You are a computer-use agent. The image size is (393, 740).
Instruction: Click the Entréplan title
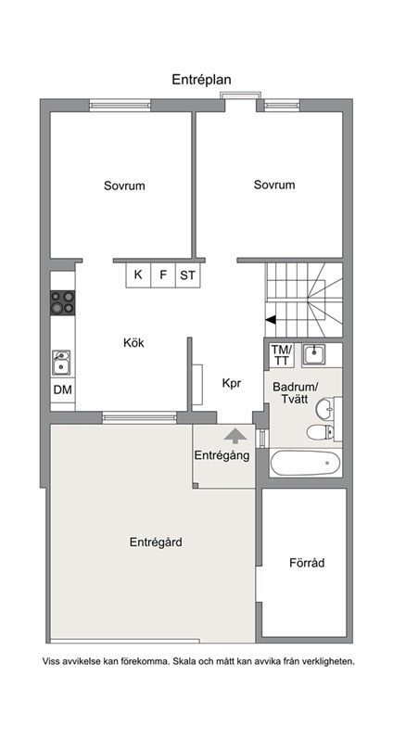[x=201, y=80]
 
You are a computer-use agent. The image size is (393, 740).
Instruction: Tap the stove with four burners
[x=63, y=302]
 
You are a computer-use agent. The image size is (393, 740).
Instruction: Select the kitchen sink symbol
[x=61, y=363]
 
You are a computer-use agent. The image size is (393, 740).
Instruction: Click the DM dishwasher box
[x=63, y=389]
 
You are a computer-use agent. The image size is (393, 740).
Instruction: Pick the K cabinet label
[x=138, y=274]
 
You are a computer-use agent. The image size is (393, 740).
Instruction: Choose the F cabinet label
[x=163, y=274]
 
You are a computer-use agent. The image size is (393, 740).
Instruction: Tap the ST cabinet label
[x=188, y=274]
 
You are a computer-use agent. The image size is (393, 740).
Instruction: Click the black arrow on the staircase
[x=271, y=320]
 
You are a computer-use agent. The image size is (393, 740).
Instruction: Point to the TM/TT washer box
[x=282, y=355]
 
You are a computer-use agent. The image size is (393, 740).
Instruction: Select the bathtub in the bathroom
[x=305, y=463]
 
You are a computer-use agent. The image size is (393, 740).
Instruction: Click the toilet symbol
[x=321, y=431]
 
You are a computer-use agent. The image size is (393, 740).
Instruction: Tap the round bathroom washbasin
[x=324, y=409]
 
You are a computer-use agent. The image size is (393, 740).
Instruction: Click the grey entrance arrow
[x=235, y=436]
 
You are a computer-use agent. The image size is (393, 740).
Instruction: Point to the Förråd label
[x=307, y=563]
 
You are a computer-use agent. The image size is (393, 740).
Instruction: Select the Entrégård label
[x=156, y=542]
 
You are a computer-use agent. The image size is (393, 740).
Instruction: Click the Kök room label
[x=133, y=343]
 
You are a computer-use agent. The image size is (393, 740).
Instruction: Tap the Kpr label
[x=232, y=384]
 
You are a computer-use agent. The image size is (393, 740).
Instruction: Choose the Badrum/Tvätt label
[x=296, y=393]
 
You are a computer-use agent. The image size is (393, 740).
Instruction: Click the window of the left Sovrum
[x=120, y=105]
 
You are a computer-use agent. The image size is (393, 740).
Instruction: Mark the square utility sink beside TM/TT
[x=313, y=354]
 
